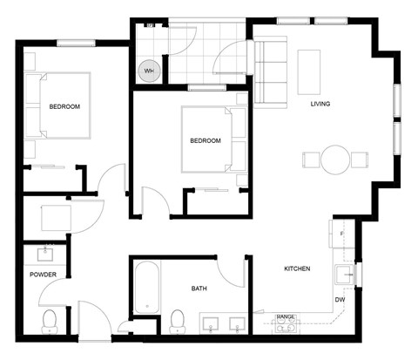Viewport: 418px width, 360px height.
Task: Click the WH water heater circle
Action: pos(149,71)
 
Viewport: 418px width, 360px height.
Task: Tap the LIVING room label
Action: pos(320,105)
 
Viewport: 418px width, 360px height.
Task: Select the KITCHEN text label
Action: pos(297,269)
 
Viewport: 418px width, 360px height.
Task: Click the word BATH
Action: pos(199,289)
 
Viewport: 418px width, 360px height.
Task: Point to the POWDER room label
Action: pos(43,274)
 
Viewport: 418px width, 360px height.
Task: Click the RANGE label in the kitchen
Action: pos(285,316)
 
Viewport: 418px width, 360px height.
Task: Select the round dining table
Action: pos(335,159)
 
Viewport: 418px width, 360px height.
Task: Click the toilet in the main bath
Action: pos(178,320)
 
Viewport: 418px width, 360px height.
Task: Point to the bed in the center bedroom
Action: pos(210,139)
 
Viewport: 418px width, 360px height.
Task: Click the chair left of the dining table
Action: pos(311,160)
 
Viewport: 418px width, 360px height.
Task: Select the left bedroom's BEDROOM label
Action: pos(64,106)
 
